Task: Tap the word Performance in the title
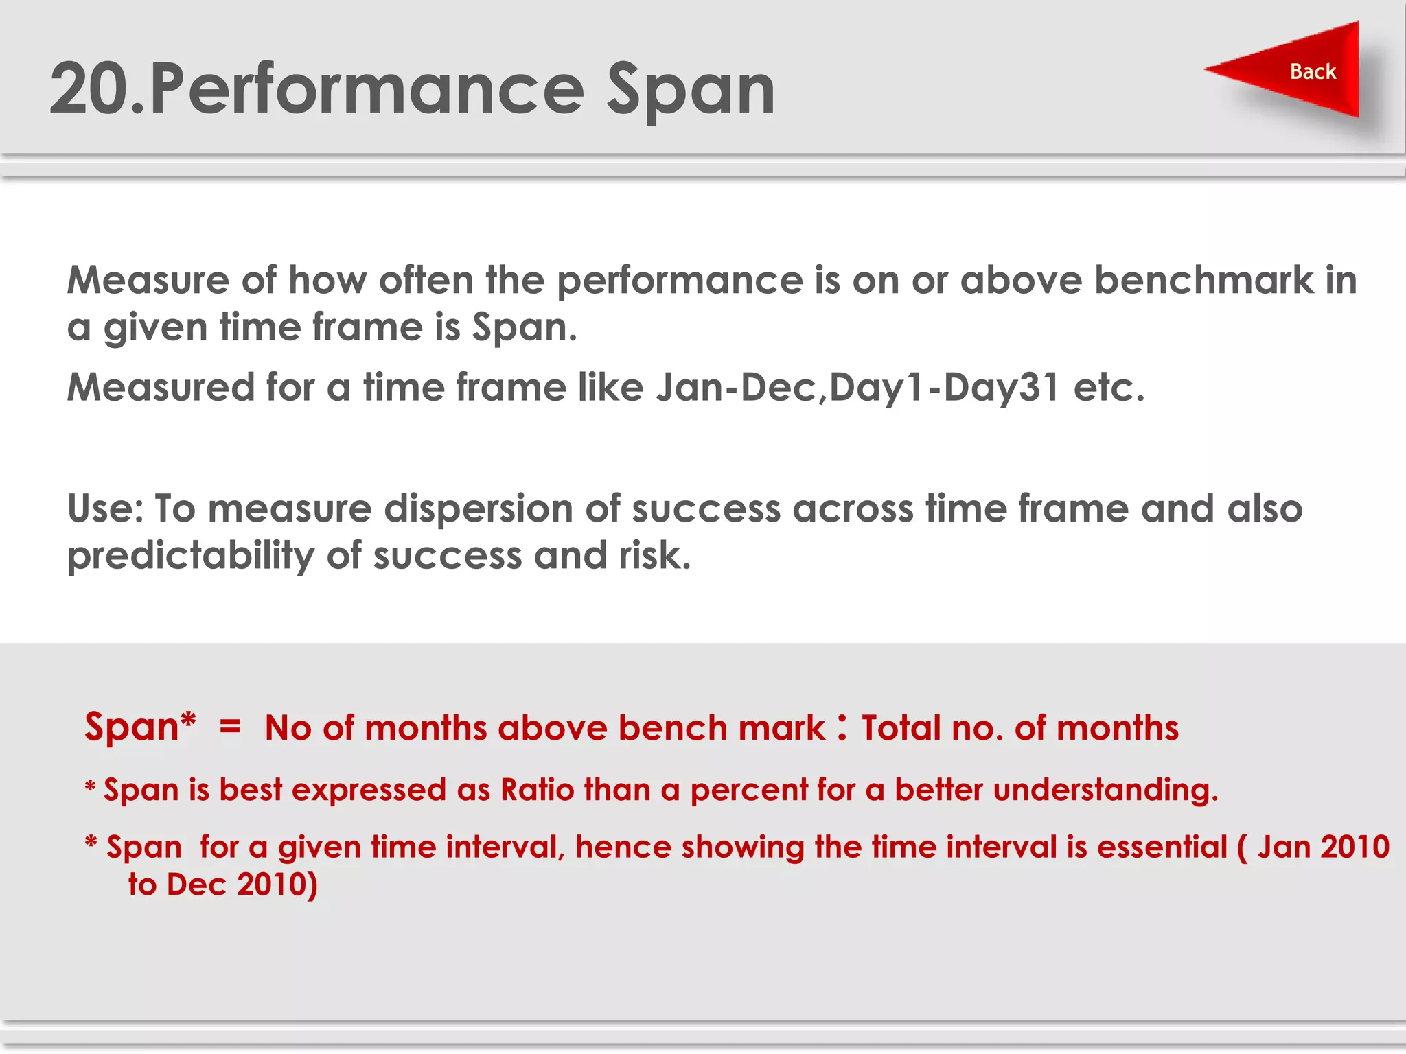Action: coord(367,89)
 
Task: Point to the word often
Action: coord(426,281)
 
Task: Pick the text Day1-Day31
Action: coord(944,388)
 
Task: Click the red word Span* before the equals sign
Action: coord(140,727)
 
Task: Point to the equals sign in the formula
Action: coord(230,727)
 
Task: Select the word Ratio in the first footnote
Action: coord(537,790)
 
